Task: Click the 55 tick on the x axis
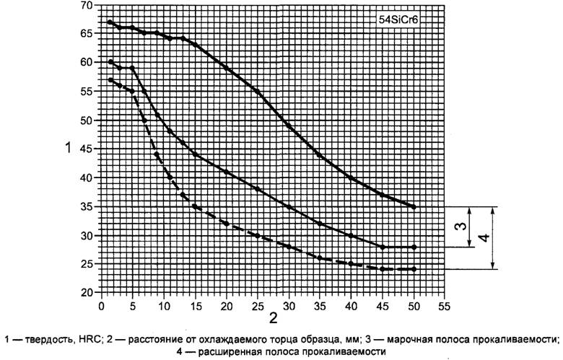(x=445, y=304)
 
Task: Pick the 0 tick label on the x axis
(x=101, y=304)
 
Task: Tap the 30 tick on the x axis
(x=289, y=304)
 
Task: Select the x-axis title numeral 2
(x=273, y=318)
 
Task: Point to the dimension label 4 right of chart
(x=485, y=238)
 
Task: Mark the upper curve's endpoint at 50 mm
(x=414, y=207)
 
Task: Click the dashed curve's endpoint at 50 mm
(x=414, y=270)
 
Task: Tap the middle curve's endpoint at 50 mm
(x=414, y=247)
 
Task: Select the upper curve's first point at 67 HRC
(x=110, y=22)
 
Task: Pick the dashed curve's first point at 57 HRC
(x=110, y=79)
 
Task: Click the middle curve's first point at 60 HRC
(x=110, y=62)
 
